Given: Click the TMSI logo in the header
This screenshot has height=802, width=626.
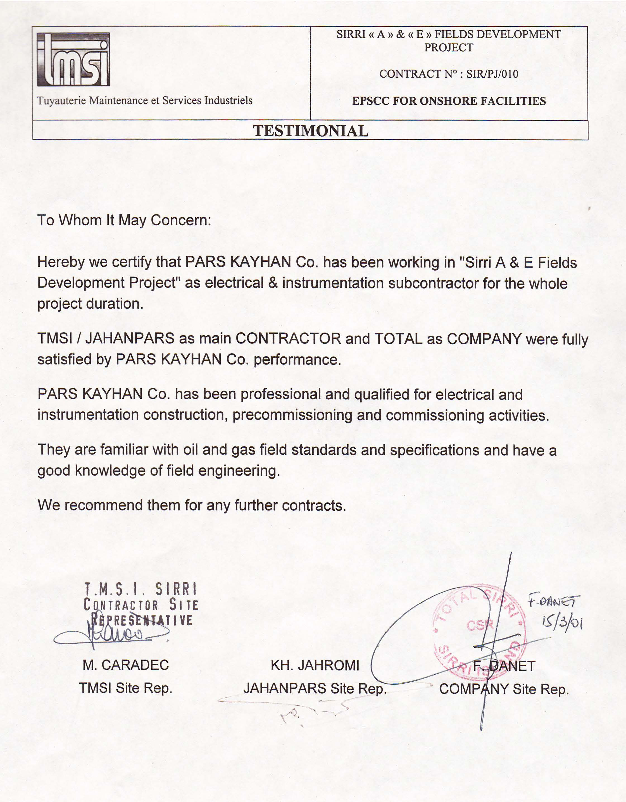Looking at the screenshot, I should [x=73, y=59].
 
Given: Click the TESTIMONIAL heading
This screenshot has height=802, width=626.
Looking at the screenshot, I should [x=310, y=131].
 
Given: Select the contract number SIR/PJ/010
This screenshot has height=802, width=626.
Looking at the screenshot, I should [x=492, y=74].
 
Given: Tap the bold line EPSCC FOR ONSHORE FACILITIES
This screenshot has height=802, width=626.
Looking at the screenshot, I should [x=449, y=101].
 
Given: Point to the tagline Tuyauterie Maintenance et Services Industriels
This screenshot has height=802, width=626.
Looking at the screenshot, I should [x=144, y=100].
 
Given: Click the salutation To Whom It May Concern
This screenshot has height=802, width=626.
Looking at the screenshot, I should [x=124, y=220].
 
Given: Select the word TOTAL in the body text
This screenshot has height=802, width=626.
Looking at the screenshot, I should [x=398, y=338].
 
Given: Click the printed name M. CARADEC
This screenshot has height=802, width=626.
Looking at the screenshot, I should [x=126, y=665].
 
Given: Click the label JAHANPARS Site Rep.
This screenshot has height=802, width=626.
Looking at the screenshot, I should [x=315, y=688].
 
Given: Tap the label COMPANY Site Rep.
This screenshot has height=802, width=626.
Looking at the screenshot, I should [x=504, y=689].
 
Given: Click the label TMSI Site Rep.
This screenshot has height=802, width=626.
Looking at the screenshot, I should [x=126, y=688].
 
